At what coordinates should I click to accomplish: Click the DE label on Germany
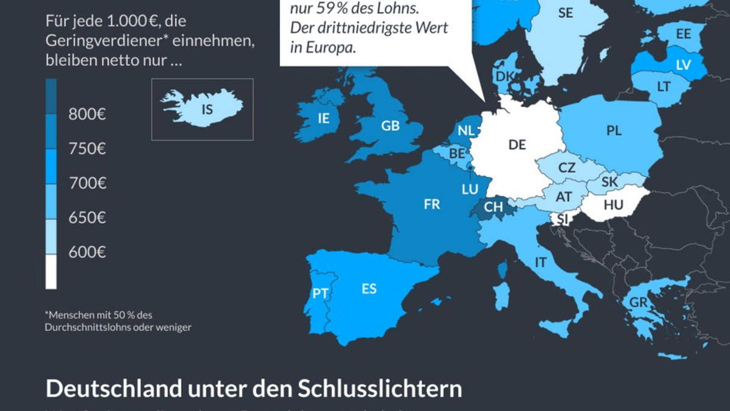click(517, 144)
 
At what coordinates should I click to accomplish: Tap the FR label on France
click(432, 205)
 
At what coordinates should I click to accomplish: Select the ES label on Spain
click(369, 289)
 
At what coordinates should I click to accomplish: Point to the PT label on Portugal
click(321, 293)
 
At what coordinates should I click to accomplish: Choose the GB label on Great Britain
click(391, 126)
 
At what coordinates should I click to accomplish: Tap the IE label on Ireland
click(324, 119)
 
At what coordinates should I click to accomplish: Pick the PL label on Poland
click(614, 130)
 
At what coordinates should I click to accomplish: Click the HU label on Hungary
click(613, 205)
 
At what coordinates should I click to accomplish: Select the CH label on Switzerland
click(493, 207)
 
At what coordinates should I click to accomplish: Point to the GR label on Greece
click(638, 303)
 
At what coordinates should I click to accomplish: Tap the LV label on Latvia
click(684, 64)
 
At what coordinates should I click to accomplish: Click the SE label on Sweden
click(566, 13)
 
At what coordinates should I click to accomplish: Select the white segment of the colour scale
click(51, 272)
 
